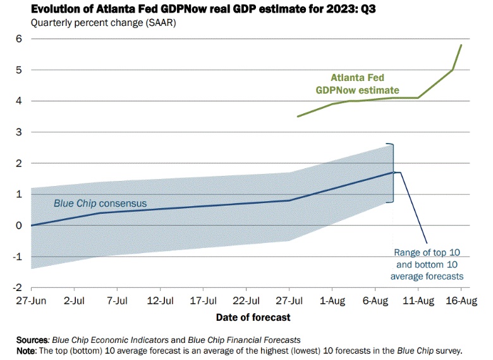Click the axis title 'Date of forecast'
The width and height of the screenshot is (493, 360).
coord(253,316)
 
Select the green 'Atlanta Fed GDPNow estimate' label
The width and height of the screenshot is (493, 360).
coord(357,84)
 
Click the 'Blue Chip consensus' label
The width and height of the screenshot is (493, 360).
coord(100,204)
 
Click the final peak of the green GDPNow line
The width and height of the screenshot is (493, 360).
coord(461,45)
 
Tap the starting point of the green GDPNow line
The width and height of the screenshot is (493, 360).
coord(298,116)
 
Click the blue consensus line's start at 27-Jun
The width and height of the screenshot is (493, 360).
coord(31,225)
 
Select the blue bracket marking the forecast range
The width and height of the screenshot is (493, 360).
coord(393,172)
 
